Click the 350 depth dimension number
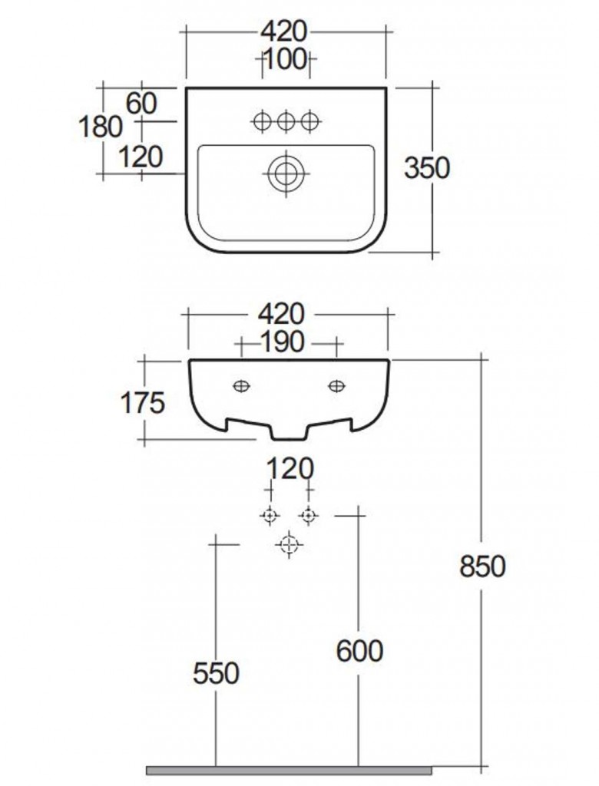point(427,168)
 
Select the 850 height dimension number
point(482,566)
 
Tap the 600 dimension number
point(359,651)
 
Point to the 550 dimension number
point(216,673)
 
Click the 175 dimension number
point(142,401)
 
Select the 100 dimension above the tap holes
point(286,59)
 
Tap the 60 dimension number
point(142,102)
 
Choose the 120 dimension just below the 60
point(141,157)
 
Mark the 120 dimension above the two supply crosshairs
point(288,468)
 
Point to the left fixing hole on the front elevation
point(241,385)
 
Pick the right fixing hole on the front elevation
point(336,385)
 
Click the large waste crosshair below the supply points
point(289,545)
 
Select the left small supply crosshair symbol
point(269,515)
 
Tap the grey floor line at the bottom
point(289,768)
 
